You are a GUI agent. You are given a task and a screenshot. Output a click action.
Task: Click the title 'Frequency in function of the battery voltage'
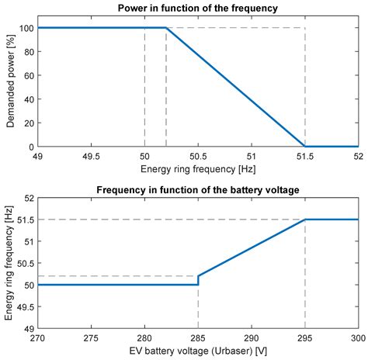pos(198,190)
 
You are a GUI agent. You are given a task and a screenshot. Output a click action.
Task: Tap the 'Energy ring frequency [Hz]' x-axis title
pos(198,168)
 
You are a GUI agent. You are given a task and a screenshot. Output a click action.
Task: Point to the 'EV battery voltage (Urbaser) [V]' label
pos(198,351)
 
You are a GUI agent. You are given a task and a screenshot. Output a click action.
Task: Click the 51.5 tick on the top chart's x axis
pos(305,156)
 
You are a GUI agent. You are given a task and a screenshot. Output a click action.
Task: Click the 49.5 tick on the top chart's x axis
pos(91,156)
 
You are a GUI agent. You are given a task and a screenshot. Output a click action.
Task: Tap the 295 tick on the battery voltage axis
pos(305,338)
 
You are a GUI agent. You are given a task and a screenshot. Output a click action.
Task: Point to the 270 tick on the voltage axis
pos(37,338)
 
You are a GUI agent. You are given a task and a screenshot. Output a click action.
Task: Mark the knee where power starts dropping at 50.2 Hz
pos(166,28)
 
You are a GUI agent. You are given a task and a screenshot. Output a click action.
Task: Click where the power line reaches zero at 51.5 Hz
pos(305,147)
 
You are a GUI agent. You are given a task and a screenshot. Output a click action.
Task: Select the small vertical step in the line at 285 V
pos(199,280)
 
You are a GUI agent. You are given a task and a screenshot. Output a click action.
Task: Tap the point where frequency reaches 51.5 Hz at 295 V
pos(305,220)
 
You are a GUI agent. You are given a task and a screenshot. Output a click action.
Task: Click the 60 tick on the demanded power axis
pos(30,75)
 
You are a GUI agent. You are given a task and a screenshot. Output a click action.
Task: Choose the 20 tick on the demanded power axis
pos(30,123)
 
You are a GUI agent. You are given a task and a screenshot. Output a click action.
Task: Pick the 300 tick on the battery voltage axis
pos(357,338)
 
